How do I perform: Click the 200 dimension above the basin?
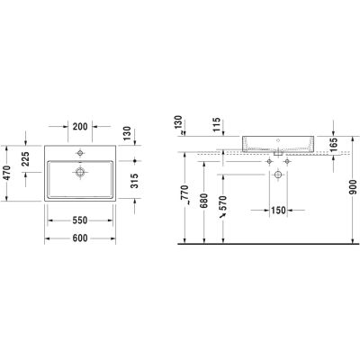tap(80, 127)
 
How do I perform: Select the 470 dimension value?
tap(6, 173)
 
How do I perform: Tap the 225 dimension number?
tap(26, 159)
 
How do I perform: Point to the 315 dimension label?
tap(135, 181)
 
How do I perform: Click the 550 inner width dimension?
tap(80, 220)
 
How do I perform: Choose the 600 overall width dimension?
tap(80, 238)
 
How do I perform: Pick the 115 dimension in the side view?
tap(216, 124)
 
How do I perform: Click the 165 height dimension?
tap(333, 144)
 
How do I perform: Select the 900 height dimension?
tap(353, 187)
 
